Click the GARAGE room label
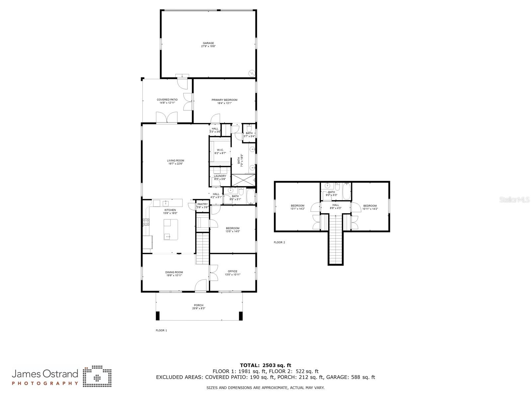coord(208,43)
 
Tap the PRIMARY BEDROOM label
coord(224,100)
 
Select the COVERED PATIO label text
coord(167,100)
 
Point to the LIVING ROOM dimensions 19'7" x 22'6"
coord(175,164)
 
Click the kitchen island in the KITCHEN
coord(171,229)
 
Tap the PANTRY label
coord(202,204)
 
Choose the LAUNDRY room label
coord(220,176)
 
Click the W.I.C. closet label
coord(220,150)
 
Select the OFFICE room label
coord(232,271)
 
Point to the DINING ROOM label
coord(174,272)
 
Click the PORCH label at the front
coord(198,305)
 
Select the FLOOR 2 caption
coord(279,242)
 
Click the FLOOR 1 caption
coord(161,331)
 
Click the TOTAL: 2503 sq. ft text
coord(265,365)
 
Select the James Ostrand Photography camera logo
coord(97,377)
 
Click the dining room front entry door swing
coord(200,286)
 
